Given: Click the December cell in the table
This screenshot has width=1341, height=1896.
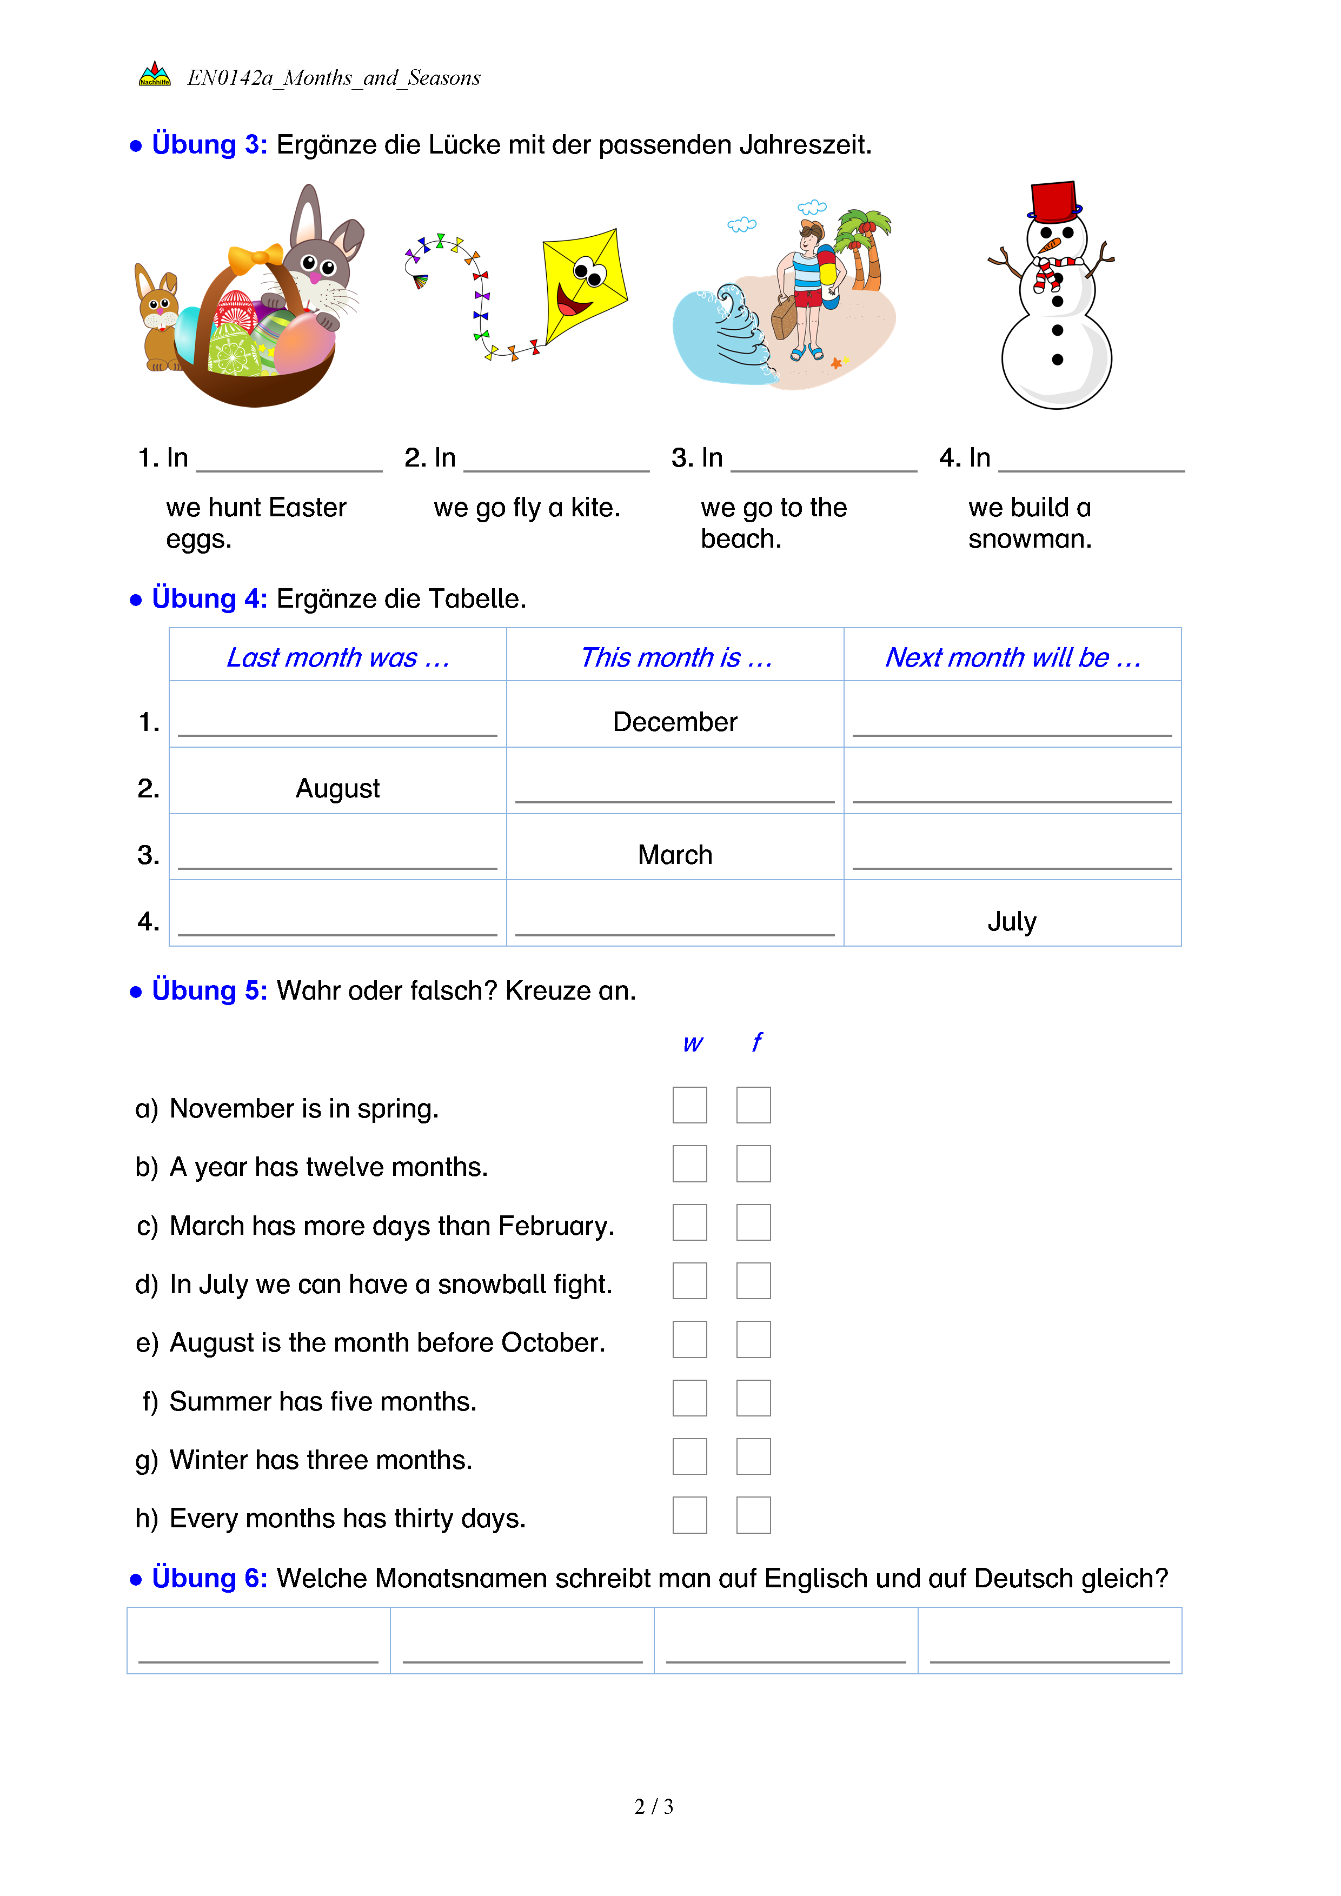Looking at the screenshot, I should click(x=675, y=722).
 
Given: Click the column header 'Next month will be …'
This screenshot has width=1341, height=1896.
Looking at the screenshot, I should click(x=1012, y=657).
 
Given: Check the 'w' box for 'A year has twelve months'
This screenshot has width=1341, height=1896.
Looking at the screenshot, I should click(x=689, y=1163).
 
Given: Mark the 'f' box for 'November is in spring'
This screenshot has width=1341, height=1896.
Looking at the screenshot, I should click(x=753, y=1105).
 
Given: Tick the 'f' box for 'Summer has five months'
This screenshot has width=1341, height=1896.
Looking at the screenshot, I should click(x=753, y=1398).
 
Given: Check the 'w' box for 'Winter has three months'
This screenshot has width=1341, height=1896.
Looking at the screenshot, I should click(x=689, y=1456).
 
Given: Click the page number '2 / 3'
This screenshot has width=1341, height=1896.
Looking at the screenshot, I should click(x=653, y=1807).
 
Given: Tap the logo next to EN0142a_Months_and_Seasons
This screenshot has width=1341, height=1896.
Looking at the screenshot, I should click(x=155, y=75).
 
